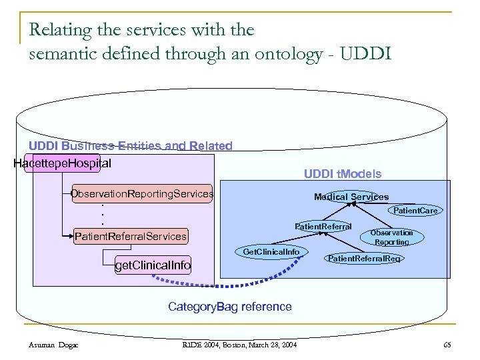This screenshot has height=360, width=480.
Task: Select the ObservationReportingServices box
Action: point(142,194)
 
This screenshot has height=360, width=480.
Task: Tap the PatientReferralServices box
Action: point(131,236)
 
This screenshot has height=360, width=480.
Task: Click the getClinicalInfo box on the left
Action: point(153,266)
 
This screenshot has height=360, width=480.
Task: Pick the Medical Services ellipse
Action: point(351,197)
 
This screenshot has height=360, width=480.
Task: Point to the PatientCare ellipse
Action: point(415,211)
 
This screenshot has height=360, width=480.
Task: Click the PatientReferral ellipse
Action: point(323,227)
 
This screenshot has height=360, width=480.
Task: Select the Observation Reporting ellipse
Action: point(391,237)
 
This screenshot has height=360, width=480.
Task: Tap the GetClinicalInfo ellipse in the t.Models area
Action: point(271,252)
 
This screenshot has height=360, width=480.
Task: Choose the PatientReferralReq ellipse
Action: point(365,258)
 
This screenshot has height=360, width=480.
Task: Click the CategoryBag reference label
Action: point(229,307)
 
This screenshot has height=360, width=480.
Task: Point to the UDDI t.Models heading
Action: point(343,174)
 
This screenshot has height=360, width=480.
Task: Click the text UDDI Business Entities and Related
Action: point(131,146)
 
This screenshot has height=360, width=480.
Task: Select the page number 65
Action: point(446,344)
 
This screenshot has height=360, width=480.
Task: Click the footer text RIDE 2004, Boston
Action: point(240,344)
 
